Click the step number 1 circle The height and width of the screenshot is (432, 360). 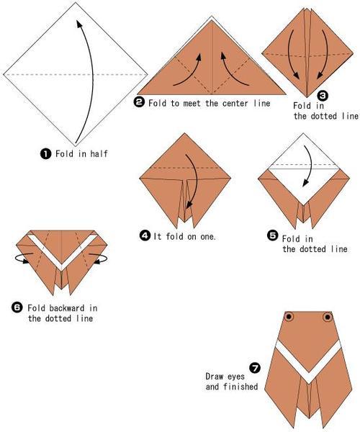[x=46, y=153]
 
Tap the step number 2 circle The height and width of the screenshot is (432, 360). [x=139, y=102]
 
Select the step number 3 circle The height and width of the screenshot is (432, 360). [x=323, y=96]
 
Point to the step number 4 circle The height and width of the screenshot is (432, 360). [x=145, y=236]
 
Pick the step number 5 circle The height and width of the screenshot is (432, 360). [x=272, y=235]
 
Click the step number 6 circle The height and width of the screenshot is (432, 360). [x=17, y=307]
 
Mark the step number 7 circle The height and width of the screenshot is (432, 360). [x=255, y=368]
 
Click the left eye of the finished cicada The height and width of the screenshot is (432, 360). [x=289, y=317]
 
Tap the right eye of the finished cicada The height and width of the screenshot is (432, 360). [x=328, y=317]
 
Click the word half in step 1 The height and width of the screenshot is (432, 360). [x=99, y=153]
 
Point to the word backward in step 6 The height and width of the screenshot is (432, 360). [x=67, y=307]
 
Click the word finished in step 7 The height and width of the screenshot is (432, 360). [x=240, y=387]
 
